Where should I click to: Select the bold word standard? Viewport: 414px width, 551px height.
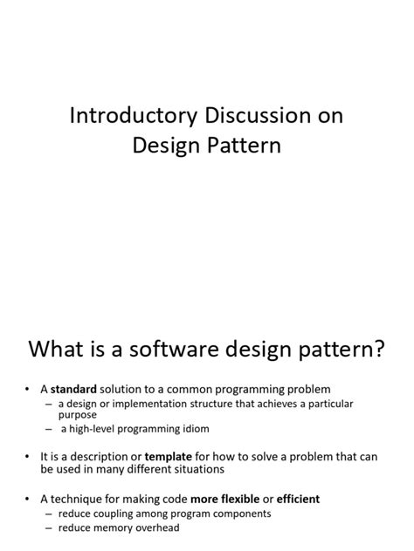coord(74,388)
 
